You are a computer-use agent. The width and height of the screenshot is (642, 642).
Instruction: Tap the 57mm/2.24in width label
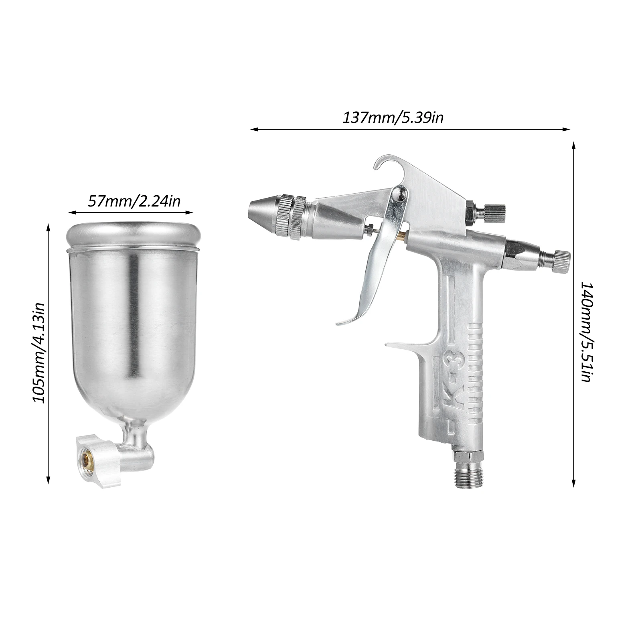134,200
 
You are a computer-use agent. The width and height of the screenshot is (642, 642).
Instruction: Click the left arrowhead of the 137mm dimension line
253,129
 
